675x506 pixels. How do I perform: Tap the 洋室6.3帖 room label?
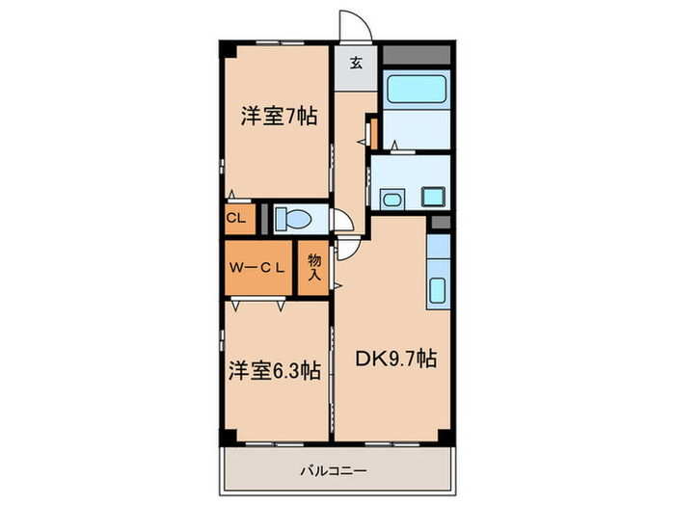click(275, 371)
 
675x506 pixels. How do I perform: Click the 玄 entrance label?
click(356, 65)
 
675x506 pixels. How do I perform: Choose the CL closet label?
click(236, 218)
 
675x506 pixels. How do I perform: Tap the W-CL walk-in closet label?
click(256, 269)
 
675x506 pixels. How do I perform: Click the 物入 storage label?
click(314, 267)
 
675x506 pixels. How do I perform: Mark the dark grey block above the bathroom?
click(416, 55)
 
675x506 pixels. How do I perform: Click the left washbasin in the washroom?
click(392, 200)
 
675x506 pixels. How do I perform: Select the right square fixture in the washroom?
click(432, 199)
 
